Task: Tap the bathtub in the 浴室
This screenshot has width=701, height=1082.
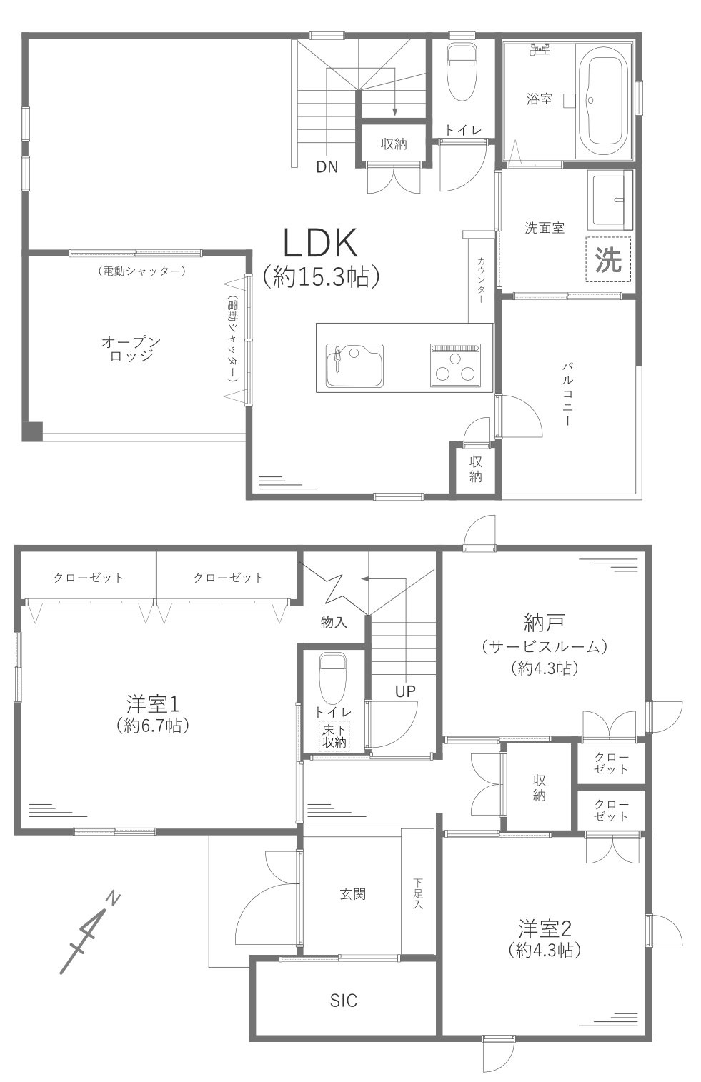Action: (604, 100)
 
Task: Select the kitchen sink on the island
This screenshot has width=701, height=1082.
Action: (354, 365)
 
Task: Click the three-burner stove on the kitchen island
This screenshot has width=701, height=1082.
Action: (455, 365)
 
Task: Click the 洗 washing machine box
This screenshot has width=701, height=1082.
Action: (609, 259)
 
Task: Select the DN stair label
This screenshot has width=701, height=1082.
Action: (327, 168)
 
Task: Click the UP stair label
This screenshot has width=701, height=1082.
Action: (404, 691)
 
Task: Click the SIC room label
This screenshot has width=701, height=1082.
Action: (343, 1001)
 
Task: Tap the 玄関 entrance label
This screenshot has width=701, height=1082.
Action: (353, 893)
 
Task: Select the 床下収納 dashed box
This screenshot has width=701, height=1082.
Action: (334, 736)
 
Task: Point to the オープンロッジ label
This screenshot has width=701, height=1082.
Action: (131, 349)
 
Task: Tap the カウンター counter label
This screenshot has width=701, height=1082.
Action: (481, 280)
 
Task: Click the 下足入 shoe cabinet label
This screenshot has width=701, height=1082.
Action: (418, 893)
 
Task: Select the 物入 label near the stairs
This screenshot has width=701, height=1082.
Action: (334, 622)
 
